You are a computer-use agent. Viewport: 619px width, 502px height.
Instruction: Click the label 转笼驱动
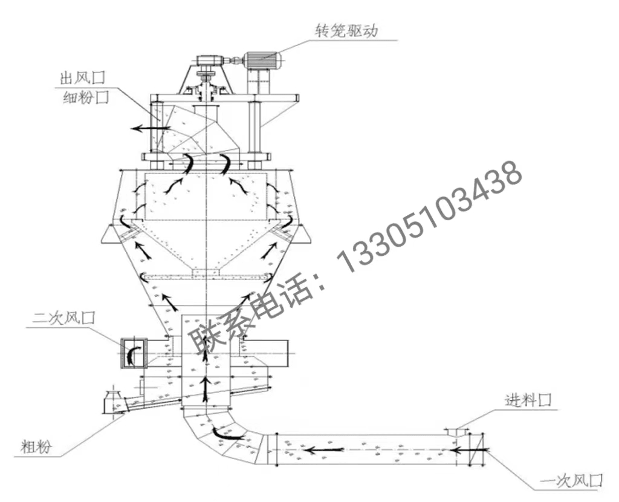[346, 30]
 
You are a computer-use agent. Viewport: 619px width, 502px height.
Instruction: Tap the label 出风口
[83, 77]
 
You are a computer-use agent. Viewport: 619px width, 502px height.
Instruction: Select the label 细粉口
[86, 97]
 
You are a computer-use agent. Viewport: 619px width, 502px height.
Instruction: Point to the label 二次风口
[63, 317]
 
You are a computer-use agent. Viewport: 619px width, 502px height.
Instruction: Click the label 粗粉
[36, 447]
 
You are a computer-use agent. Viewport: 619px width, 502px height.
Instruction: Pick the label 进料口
[528, 400]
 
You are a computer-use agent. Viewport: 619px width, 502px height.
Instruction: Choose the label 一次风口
[571, 480]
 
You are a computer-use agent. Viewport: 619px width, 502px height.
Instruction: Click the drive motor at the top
[262, 60]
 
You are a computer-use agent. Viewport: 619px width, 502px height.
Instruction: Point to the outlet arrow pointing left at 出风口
[151, 128]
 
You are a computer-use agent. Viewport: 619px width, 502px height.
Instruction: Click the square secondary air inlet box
[134, 353]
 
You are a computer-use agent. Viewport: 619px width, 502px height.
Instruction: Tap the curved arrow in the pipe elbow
[228, 434]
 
